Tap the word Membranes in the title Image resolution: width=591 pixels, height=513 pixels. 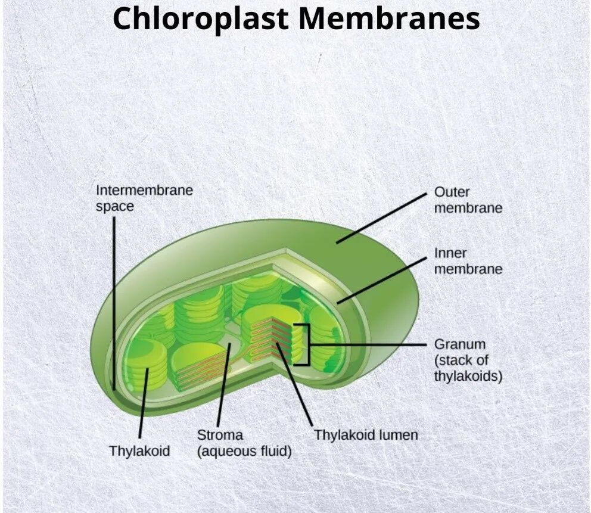(390, 18)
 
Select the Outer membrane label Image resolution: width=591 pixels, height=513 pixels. (468, 200)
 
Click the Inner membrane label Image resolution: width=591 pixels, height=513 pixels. (468, 261)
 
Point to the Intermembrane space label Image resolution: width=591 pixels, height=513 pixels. (144, 198)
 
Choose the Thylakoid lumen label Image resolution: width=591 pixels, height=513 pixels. (366, 435)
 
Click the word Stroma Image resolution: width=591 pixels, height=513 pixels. (220, 435)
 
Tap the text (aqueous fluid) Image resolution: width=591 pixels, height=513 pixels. (244, 451)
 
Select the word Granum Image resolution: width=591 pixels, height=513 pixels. (459, 344)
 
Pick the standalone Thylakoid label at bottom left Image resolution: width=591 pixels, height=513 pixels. (139, 451)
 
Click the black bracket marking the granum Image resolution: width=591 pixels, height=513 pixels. (308, 344)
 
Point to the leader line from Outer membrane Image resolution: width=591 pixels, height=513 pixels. (381, 217)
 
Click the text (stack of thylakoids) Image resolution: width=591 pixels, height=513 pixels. (468, 368)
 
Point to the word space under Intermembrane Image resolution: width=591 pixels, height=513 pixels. (115, 207)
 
